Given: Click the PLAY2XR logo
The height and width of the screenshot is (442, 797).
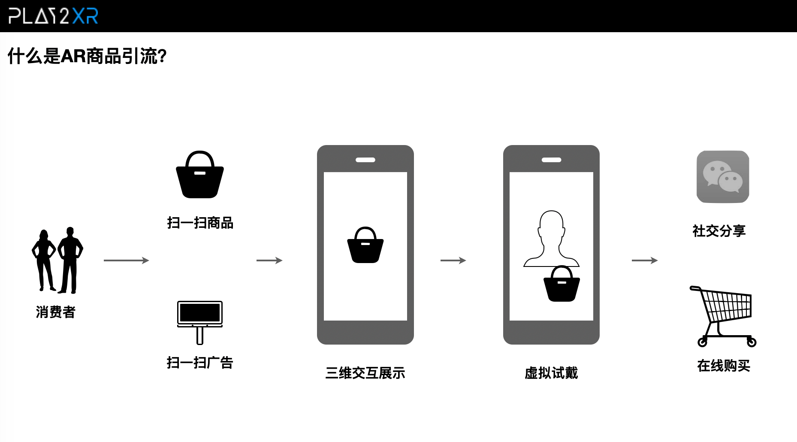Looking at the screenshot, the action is pos(53,16).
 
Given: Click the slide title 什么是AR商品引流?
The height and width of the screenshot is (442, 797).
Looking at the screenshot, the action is pos(87,56).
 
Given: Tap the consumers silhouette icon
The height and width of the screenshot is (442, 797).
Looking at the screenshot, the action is pos(57,260).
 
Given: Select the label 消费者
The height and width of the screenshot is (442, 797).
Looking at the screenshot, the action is pos(56,312).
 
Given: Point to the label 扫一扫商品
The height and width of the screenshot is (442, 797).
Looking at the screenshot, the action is pos(200,223).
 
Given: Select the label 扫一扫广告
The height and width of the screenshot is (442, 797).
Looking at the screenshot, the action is pos(200,363).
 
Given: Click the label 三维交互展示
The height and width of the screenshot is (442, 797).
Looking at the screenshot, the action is pos(365,373).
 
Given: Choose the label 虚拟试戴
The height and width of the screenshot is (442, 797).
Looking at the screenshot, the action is pos(551,373).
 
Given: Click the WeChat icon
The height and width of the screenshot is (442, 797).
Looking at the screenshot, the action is pos(723,177).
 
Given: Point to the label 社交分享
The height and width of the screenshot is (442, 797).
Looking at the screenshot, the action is pos(719,231).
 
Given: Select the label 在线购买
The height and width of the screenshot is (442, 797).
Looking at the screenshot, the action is pos(724,366).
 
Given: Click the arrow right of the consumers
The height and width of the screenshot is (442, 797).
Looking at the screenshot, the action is pos(126,260).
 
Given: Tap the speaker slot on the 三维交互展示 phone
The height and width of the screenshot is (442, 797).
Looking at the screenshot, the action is pos(365,160).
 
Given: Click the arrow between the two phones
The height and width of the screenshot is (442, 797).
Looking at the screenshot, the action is pos(453,260).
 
